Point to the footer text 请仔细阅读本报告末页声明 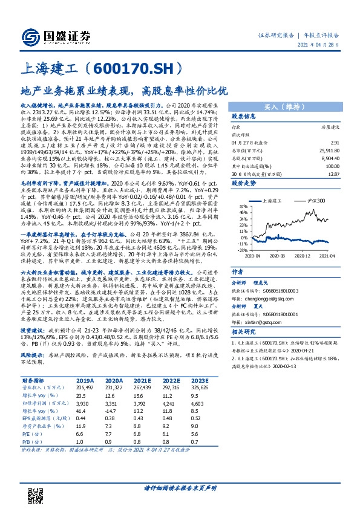point(180,487)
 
